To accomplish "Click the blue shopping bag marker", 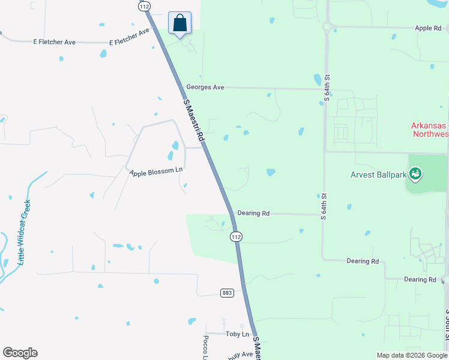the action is tap(179, 24).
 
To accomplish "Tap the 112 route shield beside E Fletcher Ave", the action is tap(143, 6).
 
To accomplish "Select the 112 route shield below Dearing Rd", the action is tap(237, 237).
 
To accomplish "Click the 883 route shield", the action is tap(227, 293).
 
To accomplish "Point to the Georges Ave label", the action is tap(205, 88).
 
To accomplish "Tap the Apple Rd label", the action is tap(428, 28).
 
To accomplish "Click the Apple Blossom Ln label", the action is tap(155, 171).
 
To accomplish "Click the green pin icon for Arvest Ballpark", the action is tap(415, 175).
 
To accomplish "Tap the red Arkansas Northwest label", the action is tap(430, 130).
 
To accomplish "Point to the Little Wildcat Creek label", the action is tap(25, 233).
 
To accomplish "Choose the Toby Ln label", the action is tap(237, 334).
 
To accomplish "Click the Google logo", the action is tap(20, 353).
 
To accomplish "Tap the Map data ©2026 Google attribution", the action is tap(411, 355).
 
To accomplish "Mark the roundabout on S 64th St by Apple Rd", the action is tap(328, 26).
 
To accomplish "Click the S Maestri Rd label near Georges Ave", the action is tap(194, 120).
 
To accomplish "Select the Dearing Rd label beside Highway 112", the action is tap(253, 213).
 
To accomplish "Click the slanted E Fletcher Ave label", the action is tap(129, 37).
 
